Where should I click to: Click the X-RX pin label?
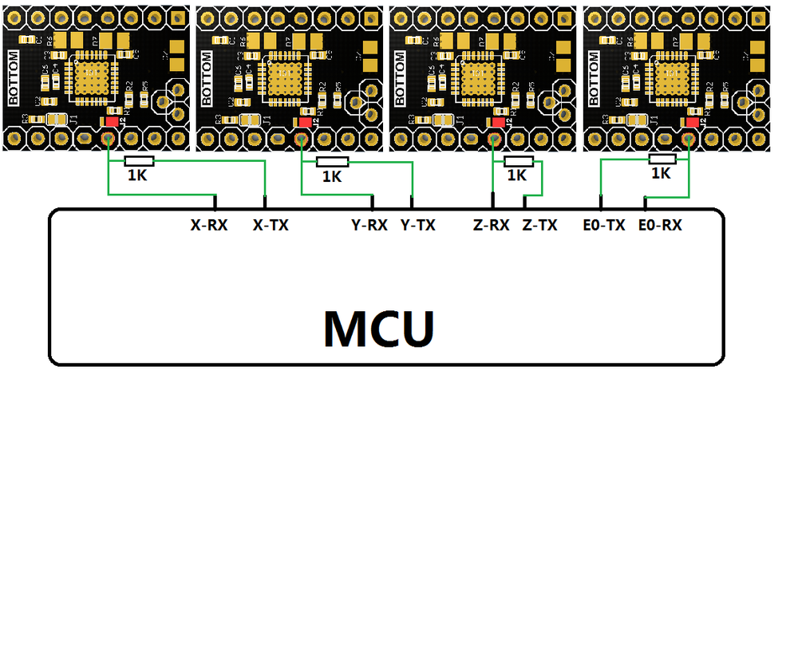coord(209,226)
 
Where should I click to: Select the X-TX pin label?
coord(271,226)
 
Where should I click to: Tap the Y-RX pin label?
coord(369,226)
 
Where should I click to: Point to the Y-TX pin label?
coord(418,226)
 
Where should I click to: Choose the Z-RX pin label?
coord(491,226)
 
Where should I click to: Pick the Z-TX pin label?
coord(539,226)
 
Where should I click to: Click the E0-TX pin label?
coord(604,226)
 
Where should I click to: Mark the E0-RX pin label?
coord(661,226)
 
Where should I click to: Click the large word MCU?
coord(380,327)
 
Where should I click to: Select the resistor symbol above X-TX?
coord(139,161)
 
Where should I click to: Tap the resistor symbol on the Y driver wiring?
coord(333,162)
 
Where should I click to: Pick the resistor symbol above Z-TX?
coord(517,161)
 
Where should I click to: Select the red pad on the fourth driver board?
coord(691,122)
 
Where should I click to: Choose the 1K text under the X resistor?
coord(137,175)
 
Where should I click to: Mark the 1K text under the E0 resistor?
coord(661,172)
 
